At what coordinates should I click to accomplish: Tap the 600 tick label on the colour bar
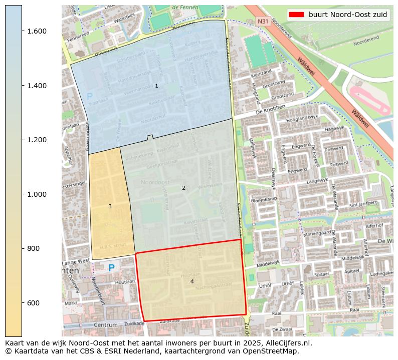37,303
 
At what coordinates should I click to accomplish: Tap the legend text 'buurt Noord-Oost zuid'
348,15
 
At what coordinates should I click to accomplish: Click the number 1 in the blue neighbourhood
156,86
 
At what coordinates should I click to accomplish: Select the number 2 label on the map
183,188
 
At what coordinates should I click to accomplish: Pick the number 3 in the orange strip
110,207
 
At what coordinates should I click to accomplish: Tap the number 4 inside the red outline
192,282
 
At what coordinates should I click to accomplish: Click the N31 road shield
263,22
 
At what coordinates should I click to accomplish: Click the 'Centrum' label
105,325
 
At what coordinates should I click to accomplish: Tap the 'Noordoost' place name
155,182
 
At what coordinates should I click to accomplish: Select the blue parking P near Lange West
111,268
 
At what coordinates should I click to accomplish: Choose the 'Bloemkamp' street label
264,199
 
